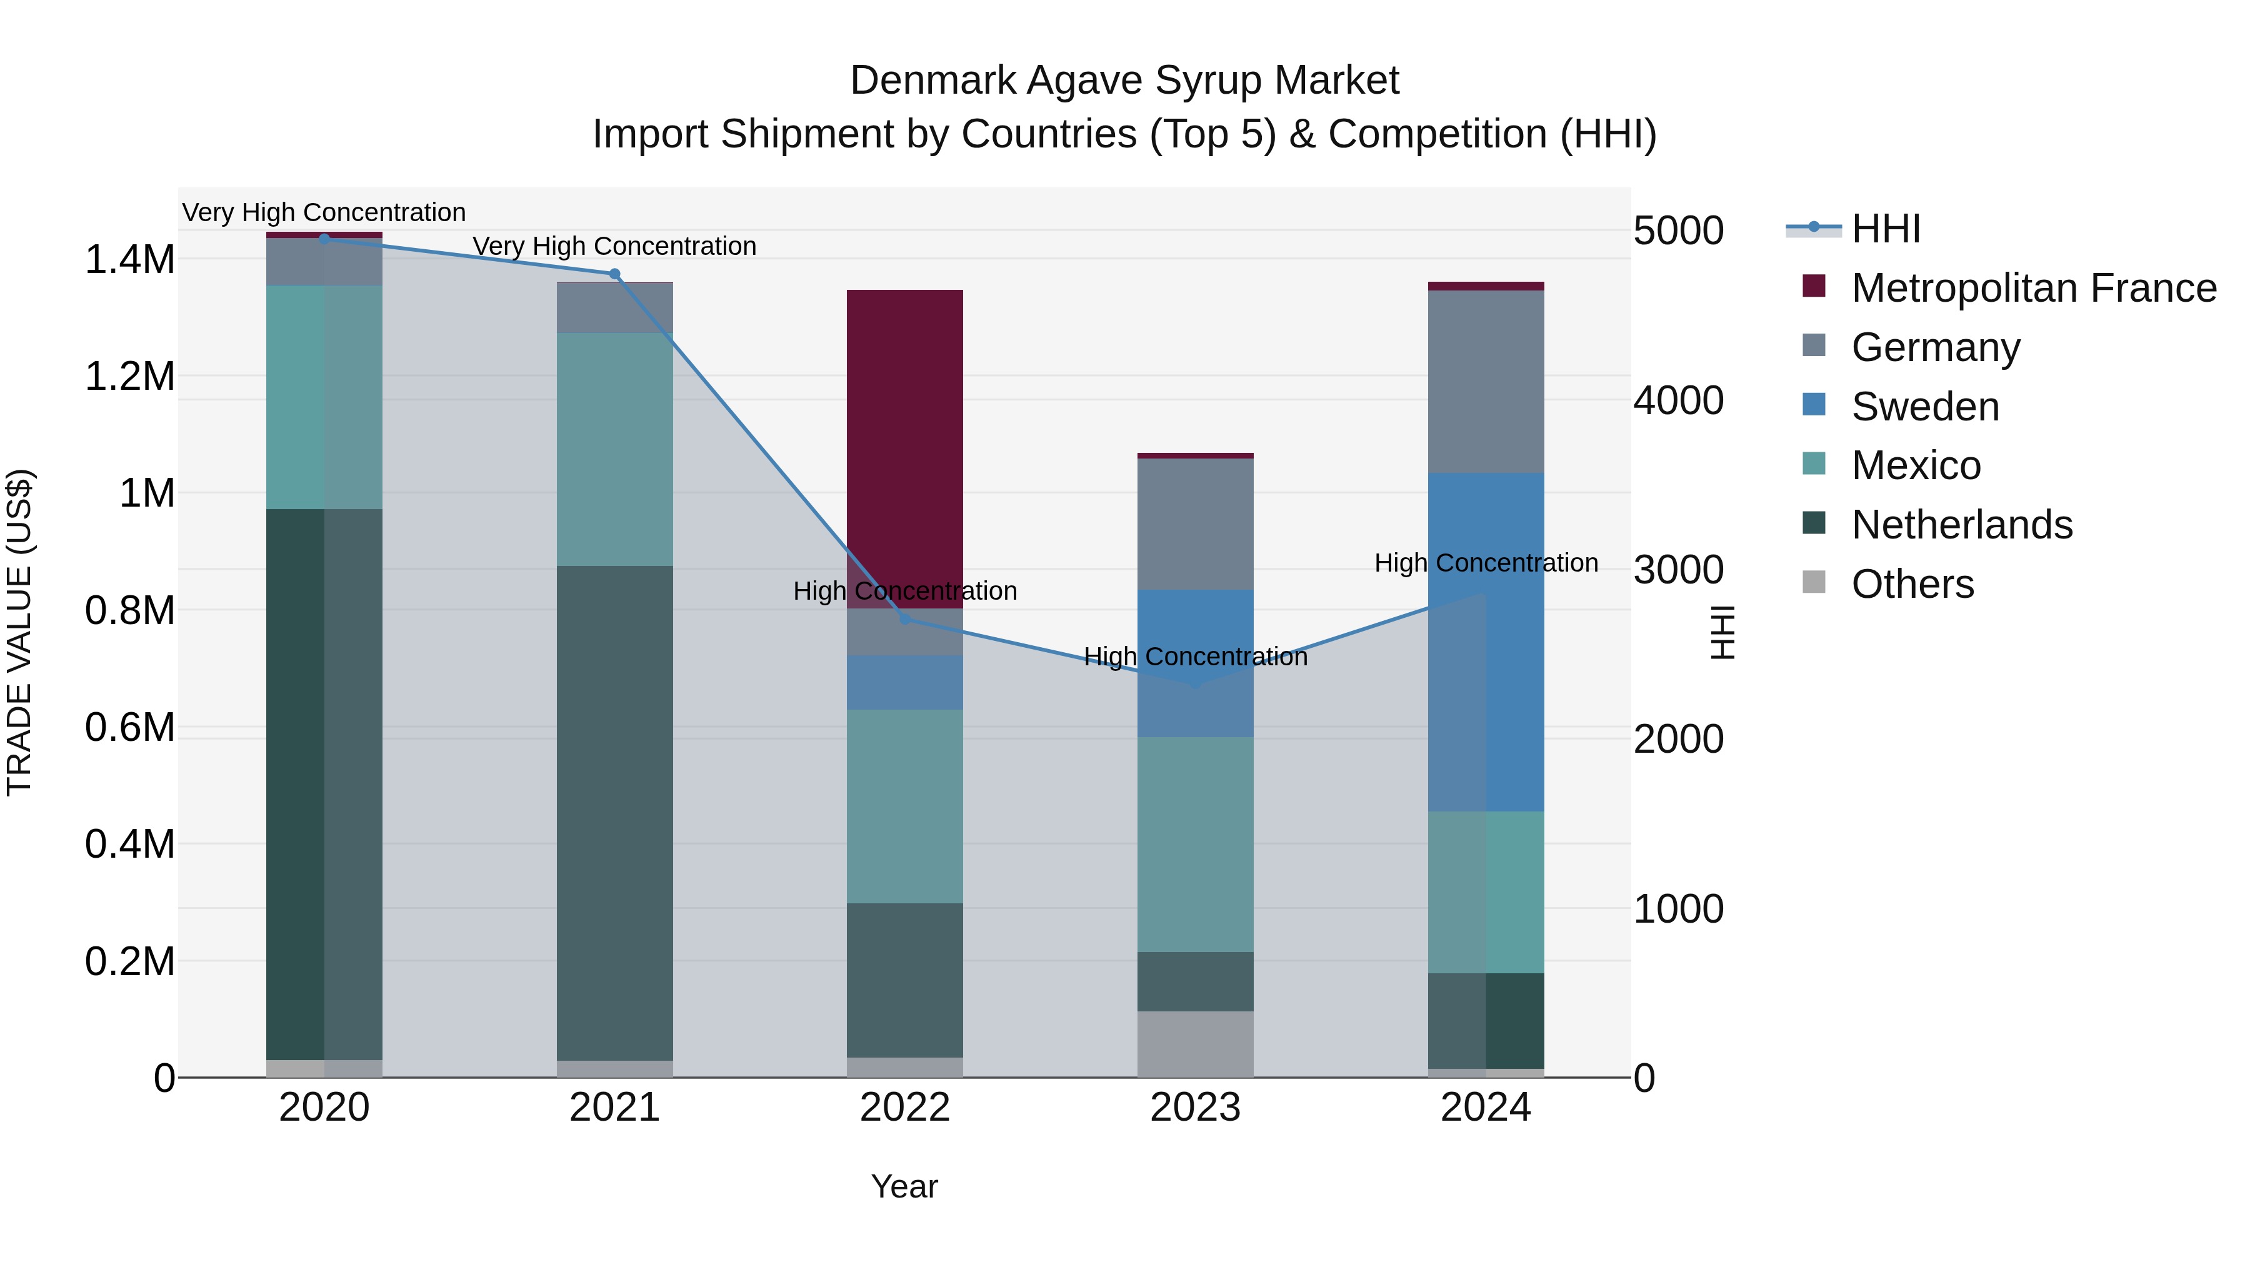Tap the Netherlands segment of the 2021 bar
click(615, 812)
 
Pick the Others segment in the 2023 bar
click(1195, 1044)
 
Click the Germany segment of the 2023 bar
click(1195, 524)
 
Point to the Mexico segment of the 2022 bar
click(905, 806)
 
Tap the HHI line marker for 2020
click(324, 239)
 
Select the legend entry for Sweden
click(1925, 407)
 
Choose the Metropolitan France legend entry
click(2033, 288)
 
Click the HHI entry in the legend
click(1885, 229)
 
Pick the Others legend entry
click(1912, 584)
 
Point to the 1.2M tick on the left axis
click(129, 376)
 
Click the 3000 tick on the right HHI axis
click(1678, 570)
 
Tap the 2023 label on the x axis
click(1195, 1108)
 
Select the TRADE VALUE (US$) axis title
click(19, 632)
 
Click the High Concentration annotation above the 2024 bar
click(1486, 563)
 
